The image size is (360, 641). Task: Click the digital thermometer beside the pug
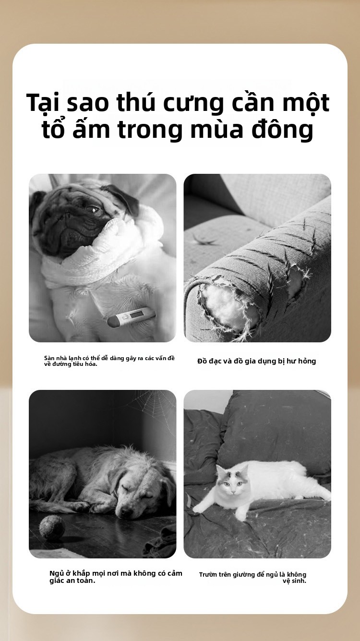132,316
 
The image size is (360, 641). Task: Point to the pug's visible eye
94,210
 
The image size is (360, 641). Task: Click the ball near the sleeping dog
52,528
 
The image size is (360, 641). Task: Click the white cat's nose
233,491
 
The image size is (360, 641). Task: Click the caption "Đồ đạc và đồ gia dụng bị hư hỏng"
256,361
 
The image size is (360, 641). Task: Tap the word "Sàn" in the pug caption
49,358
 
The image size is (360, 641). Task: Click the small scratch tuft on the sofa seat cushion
204,241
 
